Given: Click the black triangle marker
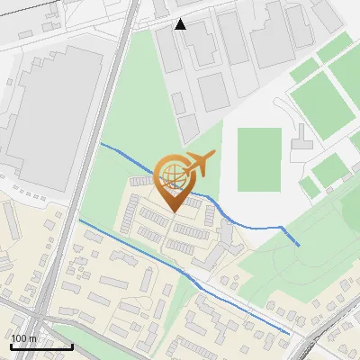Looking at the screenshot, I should pyautogui.click(x=181, y=23).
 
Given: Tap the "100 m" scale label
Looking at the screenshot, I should pyautogui.click(x=23, y=337).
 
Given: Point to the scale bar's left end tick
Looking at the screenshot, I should pyautogui.click(x=10, y=345).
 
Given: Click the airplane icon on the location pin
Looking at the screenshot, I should pyautogui.click(x=201, y=164).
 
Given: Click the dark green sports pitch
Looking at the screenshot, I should pyautogui.click(x=259, y=158).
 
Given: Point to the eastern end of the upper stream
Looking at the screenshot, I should pyautogui.click(x=299, y=245).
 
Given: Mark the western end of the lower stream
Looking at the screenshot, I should pyautogui.click(x=80, y=220).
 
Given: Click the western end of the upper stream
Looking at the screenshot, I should pyautogui.click(x=101, y=143).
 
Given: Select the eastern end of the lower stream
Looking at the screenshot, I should pyautogui.click(x=289, y=333).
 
